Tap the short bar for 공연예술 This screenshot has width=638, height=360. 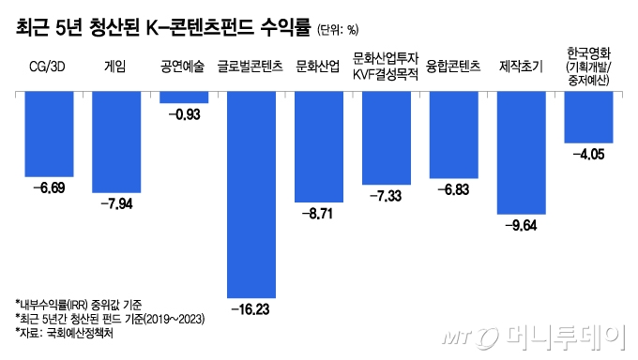(184, 97)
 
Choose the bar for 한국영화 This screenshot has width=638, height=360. (588, 117)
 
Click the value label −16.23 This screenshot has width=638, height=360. (251, 307)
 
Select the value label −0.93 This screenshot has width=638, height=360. (184, 113)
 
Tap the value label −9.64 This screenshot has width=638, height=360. (521, 225)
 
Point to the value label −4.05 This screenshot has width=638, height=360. (588, 154)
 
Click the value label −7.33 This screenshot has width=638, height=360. (386, 195)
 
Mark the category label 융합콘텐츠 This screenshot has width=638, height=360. (453, 67)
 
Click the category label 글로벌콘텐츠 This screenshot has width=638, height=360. (251, 67)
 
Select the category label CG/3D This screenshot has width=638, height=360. (49, 67)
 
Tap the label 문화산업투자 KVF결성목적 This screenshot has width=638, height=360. (386, 67)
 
